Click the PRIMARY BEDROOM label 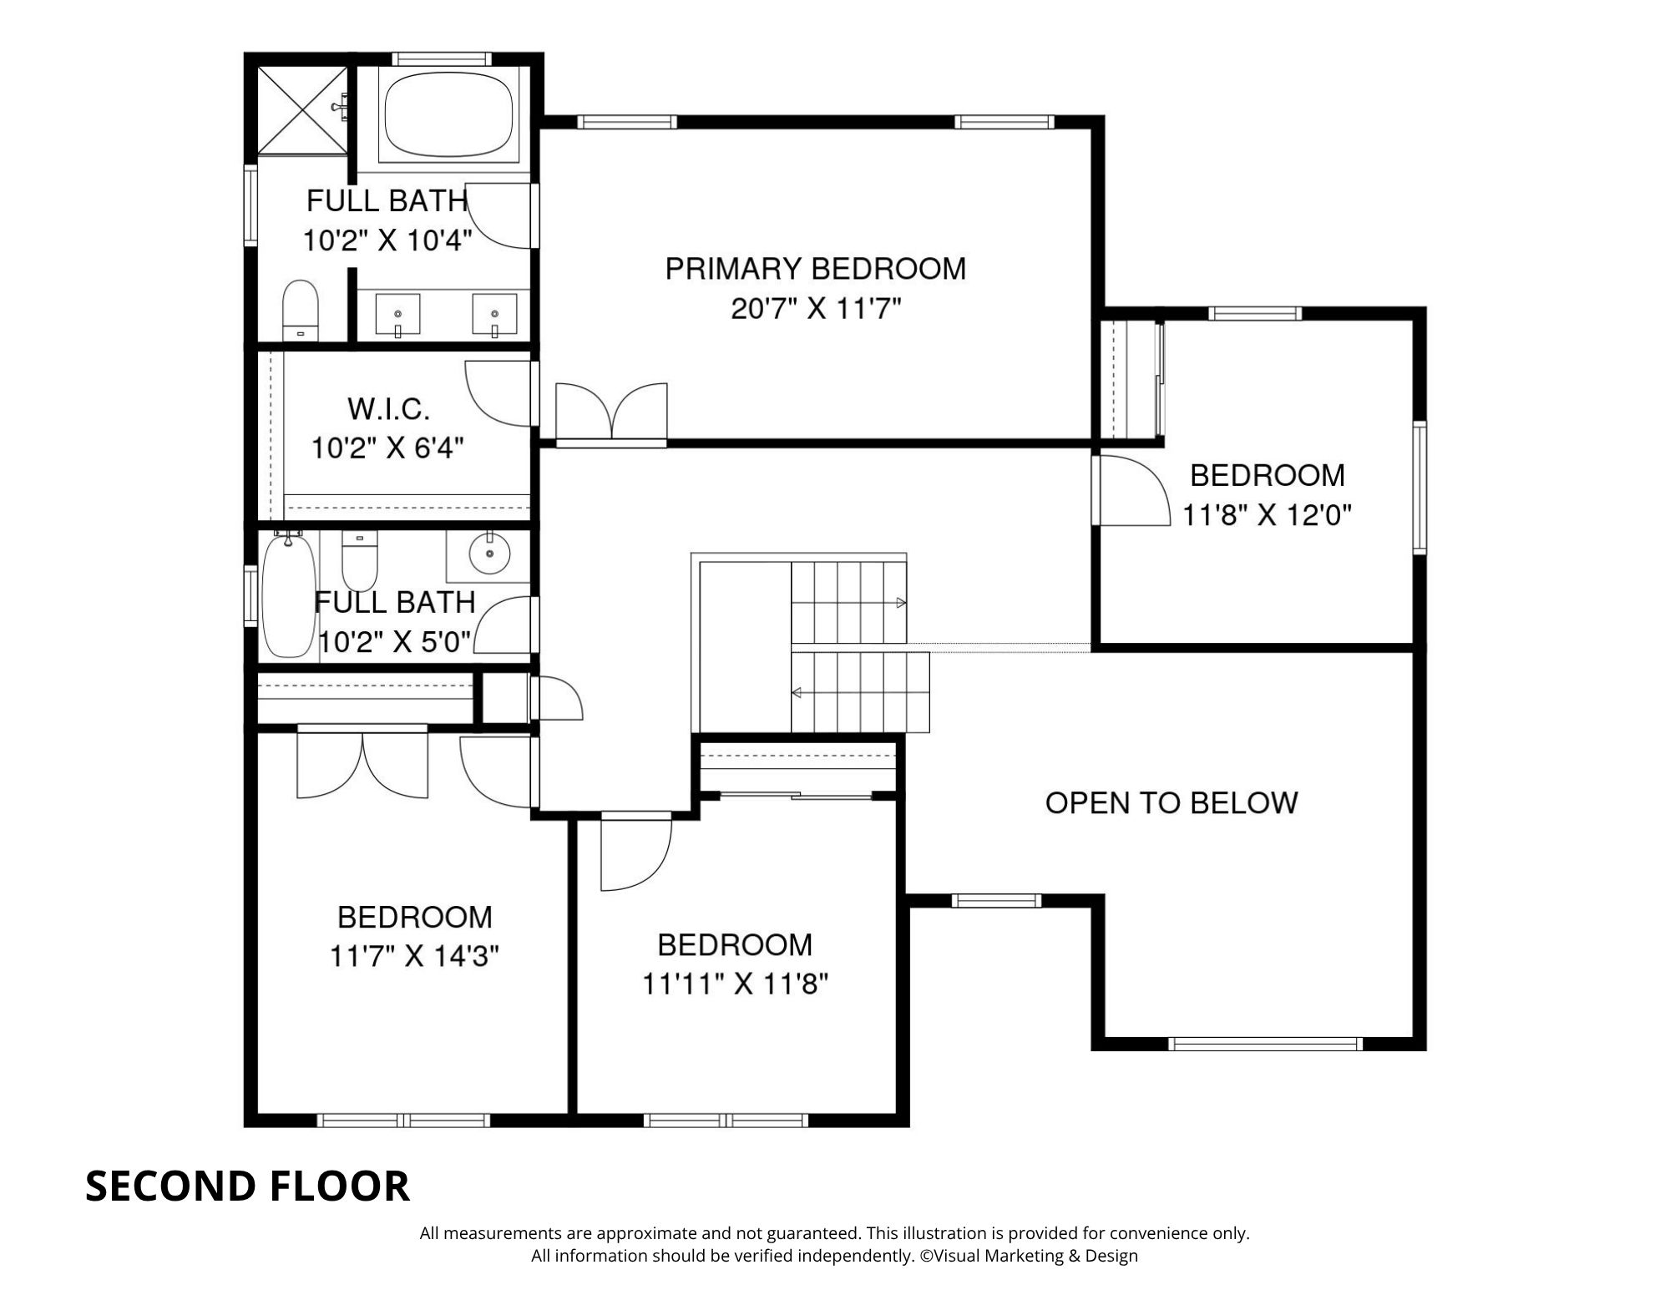815,269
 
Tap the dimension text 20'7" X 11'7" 815,310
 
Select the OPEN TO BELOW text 1172,803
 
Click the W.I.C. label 388,409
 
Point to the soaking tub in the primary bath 448,114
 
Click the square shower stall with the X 301,111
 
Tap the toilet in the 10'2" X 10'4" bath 301,309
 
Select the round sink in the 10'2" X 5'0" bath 488,552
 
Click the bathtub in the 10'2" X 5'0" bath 288,594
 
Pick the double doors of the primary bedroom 611,411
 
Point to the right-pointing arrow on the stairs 901,602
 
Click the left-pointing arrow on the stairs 797,692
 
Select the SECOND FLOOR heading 247,1186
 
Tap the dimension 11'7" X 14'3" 414,956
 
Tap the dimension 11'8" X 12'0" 1266,515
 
